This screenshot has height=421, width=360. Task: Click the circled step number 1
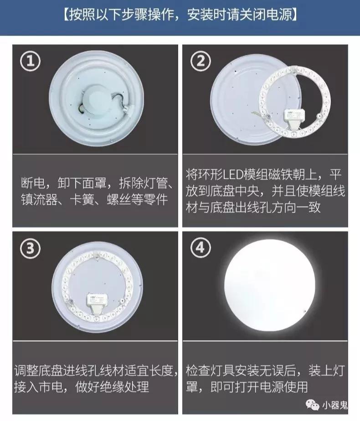[x=31, y=62]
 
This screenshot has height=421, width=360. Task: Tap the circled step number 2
[x=201, y=61]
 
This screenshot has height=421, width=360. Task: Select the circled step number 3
[x=31, y=248]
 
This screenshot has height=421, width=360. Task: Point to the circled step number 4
[x=201, y=248]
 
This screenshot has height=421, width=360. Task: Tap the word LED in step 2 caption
[x=233, y=175]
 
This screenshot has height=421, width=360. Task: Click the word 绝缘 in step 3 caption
[x=112, y=387]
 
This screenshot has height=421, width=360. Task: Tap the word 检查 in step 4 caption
[x=198, y=370]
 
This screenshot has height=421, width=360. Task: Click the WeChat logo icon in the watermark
[x=312, y=404]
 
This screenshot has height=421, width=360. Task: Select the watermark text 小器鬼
[x=335, y=405]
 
